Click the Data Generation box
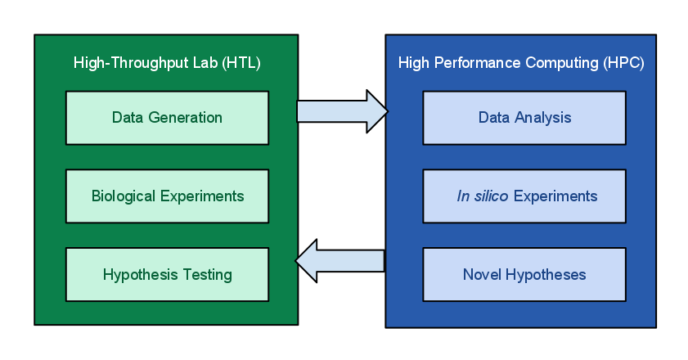(167, 118)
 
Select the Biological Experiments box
(167, 196)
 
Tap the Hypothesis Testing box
(167, 274)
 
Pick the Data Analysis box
(524, 118)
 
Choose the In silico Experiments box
(524, 196)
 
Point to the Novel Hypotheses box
(524, 274)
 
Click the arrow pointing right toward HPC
(342, 111)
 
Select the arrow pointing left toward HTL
(340, 261)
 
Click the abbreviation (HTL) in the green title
(241, 63)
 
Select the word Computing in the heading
(562, 63)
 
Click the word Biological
(124, 196)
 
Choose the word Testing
(208, 275)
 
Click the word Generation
(185, 118)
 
